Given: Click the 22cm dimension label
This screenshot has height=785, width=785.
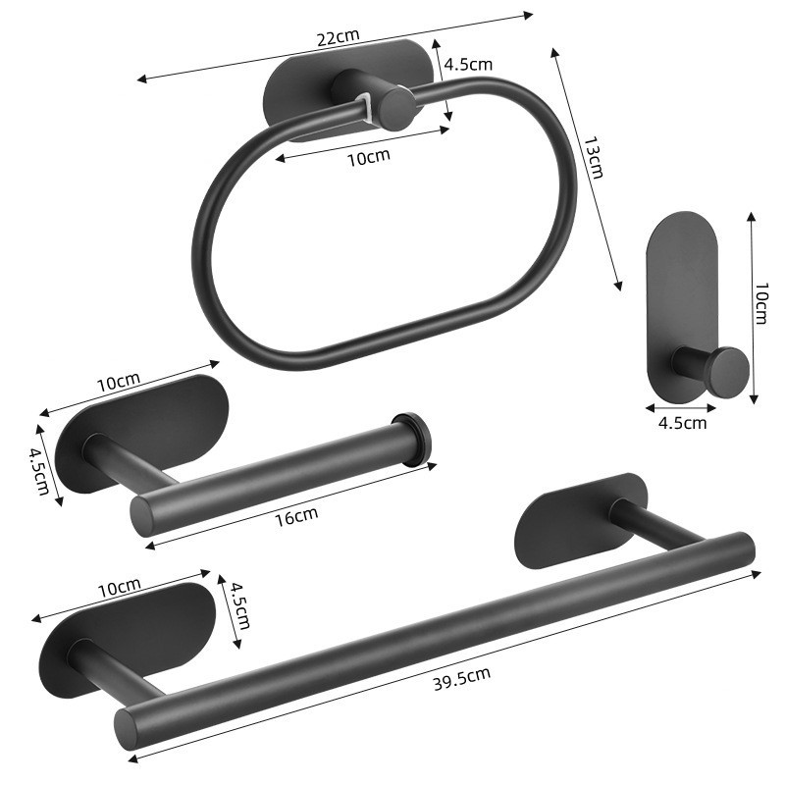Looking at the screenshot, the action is (338, 37).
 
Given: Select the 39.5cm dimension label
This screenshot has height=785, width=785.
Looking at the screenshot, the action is (461, 678).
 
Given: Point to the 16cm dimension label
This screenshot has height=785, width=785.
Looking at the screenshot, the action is (296, 516).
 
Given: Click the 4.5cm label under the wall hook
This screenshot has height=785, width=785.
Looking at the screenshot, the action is (682, 423).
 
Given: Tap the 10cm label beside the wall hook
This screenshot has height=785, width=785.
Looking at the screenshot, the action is (761, 303).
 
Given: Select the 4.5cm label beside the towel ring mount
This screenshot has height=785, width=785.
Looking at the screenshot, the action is (469, 65).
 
